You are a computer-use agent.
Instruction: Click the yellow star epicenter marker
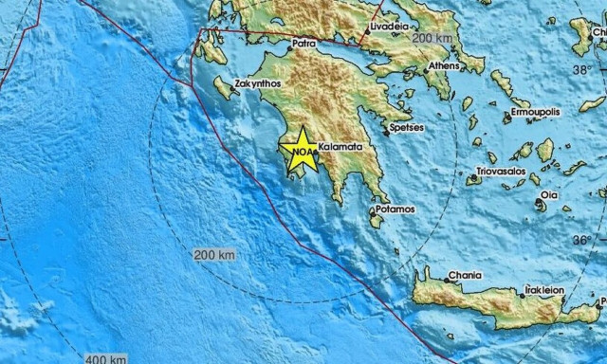click(303, 149)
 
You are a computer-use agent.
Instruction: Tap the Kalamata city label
click(339, 148)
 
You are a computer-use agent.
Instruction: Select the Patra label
click(303, 43)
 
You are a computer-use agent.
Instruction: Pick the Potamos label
click(395, 209)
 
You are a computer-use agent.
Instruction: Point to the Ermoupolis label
click(535, 111)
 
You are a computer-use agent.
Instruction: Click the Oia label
click(548, 194)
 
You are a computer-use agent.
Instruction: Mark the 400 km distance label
click(105, 358)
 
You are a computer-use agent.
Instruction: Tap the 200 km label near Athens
click(434, 37)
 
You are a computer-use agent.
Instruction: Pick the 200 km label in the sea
click(215, 255)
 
